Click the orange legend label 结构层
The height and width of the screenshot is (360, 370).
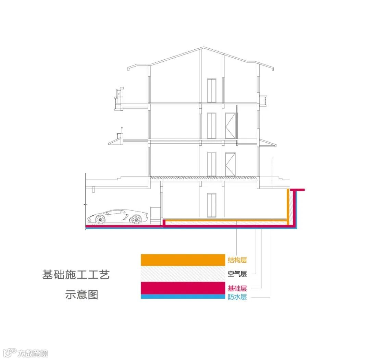(237, 260)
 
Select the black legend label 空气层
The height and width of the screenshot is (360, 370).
(237, 274)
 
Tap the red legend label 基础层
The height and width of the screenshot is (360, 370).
(237, 288)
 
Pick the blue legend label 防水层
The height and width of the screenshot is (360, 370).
(237, 297)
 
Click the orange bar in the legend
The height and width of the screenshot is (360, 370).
(183, 260)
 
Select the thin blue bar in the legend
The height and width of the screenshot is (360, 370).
(183, 297)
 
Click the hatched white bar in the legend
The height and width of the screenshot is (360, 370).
(183, 274)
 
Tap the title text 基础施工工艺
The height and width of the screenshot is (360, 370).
(76, 275)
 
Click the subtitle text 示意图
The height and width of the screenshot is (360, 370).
(82, 295)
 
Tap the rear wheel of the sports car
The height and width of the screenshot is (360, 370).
(136, 219)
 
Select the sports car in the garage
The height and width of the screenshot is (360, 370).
(115, 217)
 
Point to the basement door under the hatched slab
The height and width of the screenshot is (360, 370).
(211, 205)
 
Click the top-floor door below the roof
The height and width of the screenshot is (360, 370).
(211, 91)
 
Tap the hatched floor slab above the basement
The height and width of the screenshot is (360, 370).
(203, 178)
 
